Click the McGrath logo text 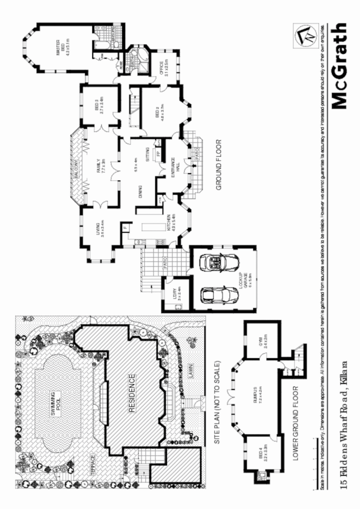(x=339, y=66)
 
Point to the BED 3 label (x=98, y=105)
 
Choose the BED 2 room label (x=159, y=111)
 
